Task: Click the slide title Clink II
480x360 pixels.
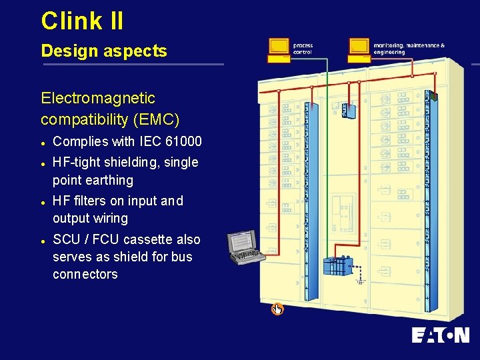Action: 82,21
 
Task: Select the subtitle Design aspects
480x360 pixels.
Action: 103,51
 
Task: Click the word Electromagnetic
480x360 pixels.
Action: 98,99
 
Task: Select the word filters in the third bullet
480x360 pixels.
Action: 89,201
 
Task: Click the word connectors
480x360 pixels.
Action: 85,274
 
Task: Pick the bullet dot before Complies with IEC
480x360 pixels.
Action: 43,143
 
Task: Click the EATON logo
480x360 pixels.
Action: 440,335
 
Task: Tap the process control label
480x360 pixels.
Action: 303,49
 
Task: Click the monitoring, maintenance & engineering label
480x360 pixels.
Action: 409,49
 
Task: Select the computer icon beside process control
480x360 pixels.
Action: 279,49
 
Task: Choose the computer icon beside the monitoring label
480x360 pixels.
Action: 359,49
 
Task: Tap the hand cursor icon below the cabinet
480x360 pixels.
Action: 277,309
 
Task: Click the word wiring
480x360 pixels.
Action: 110,219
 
